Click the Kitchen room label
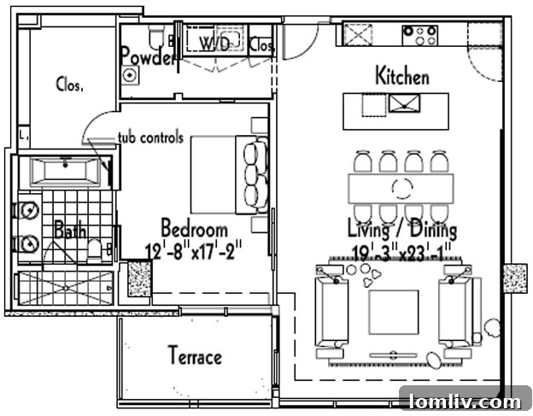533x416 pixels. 402,76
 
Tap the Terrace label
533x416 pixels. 195,355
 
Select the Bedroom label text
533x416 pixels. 195,228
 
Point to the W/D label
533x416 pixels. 214,43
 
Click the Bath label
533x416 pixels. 69,230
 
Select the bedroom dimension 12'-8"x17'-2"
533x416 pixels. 196,250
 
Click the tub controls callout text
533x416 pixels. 150,138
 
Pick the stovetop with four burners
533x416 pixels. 419,35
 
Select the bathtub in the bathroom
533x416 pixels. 65,171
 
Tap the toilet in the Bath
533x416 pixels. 96,249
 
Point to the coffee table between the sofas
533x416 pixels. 393,312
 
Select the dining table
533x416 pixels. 401,187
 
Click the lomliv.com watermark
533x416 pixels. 465,401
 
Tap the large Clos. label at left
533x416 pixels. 69,84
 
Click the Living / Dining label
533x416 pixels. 401,229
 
